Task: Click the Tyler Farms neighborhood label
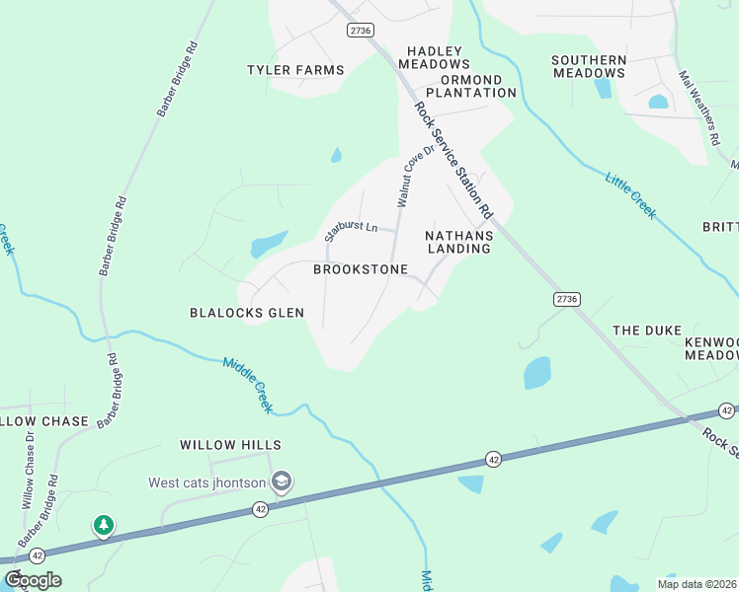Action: [295, 70]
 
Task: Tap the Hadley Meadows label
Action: [435, 57]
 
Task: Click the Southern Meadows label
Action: [589, 66]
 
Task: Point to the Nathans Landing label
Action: [458, 242]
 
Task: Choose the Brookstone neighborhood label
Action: [361, 269]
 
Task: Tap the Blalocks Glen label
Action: [247, 313]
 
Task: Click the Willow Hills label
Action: [230, 446]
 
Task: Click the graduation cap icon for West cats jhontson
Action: [282, 481]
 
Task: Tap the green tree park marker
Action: [104, 525]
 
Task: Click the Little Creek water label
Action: [630, 194]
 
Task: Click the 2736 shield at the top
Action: [361, 31]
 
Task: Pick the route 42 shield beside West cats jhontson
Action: [260, 509]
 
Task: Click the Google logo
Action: [33, 580]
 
